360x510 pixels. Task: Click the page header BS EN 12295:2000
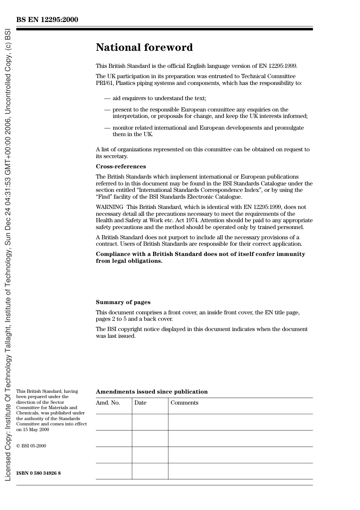pyautogui.click(x=47, y=20)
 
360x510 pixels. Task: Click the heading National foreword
pyautogui.click(x=144, y=47)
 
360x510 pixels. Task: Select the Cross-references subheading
pyautogui.click(x=121, y=166)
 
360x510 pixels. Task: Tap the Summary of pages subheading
pyautogui.click(x=123, y=302)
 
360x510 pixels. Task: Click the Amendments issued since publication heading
pyautogui.click(x=152, y=392)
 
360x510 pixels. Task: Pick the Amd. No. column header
pyautogui.click(x=108, y=403)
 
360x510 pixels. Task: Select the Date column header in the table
pyautogui.click(x=140, y=403)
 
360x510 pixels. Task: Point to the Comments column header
pyautogui.click(x=184, y=403)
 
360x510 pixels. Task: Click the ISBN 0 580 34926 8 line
pyautogui.click(x=38, y=473)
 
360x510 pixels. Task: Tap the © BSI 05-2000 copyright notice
pyautogui.click(x=31, y=446)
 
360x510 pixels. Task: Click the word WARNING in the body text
pyautogui.click(x=109, y=207)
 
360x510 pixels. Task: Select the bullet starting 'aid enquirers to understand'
pyautogui.click(x=159, y=98)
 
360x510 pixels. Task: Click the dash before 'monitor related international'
pyautogui.click(x=107, y=128)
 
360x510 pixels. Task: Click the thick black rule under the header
pyautogui.click(x=164, y=29)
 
